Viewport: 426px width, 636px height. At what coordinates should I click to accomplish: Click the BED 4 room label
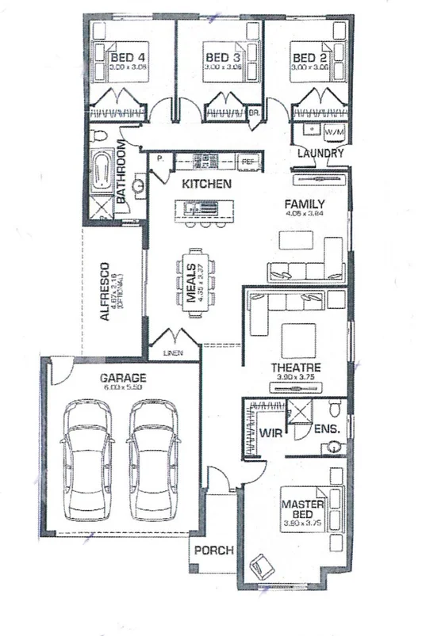point(127,58)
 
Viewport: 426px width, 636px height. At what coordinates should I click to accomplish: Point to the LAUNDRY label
point(320,153)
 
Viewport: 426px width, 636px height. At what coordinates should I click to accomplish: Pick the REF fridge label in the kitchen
point(248,161)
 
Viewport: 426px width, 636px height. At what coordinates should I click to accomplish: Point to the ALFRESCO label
point(104,291)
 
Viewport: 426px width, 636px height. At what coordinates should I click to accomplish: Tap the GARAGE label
point(122,379)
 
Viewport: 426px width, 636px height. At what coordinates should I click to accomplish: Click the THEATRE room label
point(295,368)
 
